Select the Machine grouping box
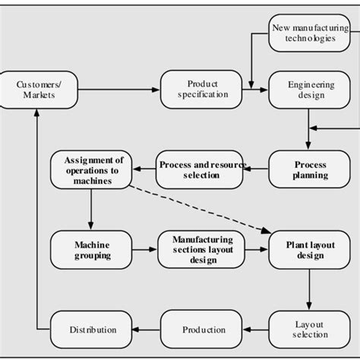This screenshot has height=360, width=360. [x=92, y=250]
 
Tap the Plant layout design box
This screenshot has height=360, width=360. [x=305, y=250]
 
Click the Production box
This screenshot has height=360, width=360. [x=204, y=330]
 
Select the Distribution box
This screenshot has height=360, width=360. [x=93, y=330]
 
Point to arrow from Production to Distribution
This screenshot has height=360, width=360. [x=147, y=330]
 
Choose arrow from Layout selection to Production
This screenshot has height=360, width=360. [x=259, y=330]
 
